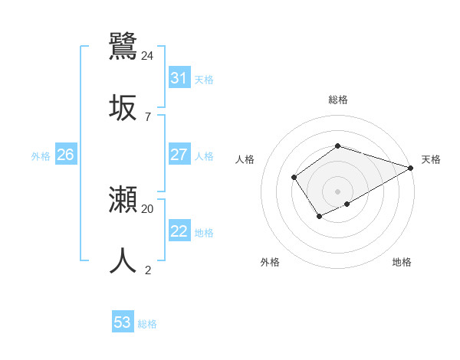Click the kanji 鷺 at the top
[x=123, y=47]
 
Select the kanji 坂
[x=123, y=107]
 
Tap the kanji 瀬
[x=123, y=200]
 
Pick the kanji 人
[x=123, y=260]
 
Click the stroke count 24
[x=148, y=55]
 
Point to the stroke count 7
[x=148, y=116]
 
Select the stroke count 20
[x=148, y=208]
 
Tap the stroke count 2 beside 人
[x=148, y=270]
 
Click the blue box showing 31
[x=179, y=78]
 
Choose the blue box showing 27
[x=179, y=155]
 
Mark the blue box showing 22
[x=179, y=231]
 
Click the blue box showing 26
[x=65, y=155]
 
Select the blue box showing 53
[x=122, y=322]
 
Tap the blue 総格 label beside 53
[x=147, y=324]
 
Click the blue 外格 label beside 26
[x=41, y=156]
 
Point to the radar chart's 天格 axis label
[x=431, y=159]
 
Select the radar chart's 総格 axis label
[x=337, y=100]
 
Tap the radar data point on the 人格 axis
[x=294, y=178]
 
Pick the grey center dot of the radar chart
[x=337, y=191]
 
